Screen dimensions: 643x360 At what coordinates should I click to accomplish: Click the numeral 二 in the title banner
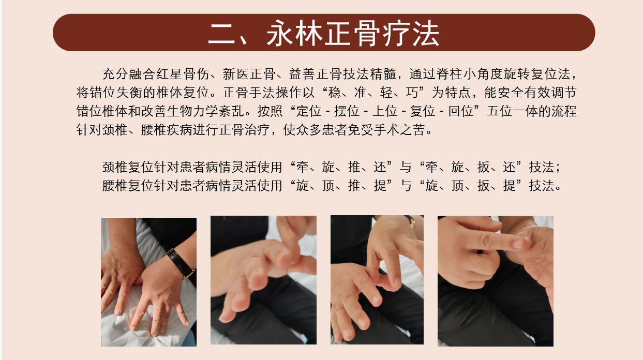pos(222,34)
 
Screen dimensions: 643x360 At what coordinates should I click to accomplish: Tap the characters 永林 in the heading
pos(294,34)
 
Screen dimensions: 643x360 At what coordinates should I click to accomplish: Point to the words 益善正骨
pos(315,74)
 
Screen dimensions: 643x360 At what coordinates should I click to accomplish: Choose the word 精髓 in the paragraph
pos(383,74)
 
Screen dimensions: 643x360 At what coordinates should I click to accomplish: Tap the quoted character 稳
pos(334,93)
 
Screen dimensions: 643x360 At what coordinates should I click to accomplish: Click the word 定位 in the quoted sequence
pos(309,111)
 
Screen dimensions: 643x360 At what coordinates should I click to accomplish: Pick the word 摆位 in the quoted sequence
pos(347,111)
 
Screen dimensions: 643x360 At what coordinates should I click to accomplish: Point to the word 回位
pos(461,111)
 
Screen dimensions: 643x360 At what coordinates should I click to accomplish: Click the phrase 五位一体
pos(513,111)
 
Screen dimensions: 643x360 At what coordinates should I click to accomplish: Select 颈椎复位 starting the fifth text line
pos(128,167)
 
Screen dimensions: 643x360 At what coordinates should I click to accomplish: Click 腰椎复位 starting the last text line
pos(128,186)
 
